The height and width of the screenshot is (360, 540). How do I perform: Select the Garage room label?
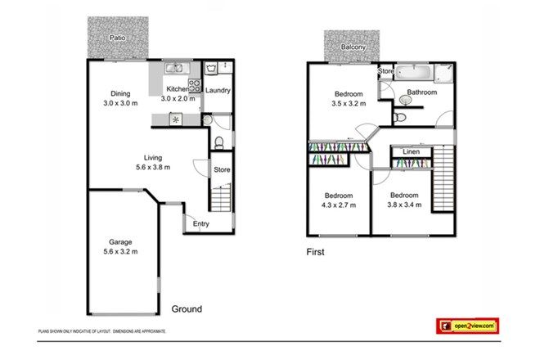coord(120,241)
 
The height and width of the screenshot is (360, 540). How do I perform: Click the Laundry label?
coord(218,90)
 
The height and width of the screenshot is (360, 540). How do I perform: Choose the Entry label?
coord(200,223)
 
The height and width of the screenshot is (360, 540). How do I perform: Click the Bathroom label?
coord(421,92)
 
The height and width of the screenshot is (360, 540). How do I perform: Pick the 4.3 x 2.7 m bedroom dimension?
coord(337,205)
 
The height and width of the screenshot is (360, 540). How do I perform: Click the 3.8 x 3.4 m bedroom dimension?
coord(404,205)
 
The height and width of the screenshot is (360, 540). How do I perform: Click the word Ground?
coord(187,309)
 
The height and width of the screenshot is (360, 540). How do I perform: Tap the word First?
coord(314,252)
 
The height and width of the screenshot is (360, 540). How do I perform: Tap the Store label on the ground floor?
coord(221,170)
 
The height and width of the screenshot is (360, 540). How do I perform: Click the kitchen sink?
coord(174,70)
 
